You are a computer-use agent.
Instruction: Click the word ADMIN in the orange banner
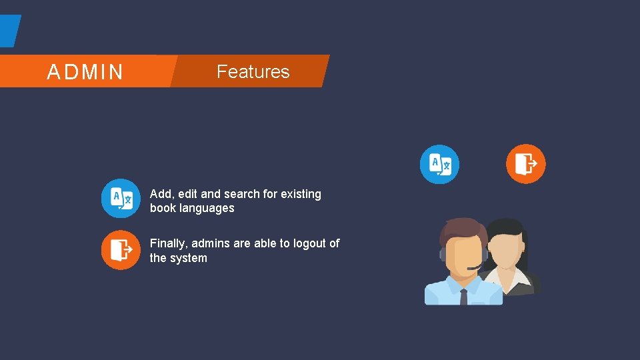tap(85, 72)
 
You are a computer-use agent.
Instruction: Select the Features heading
tap(253, 71)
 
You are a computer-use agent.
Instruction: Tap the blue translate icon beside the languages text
tap(121, 198)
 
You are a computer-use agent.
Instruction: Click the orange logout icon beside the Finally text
tap(121, 250)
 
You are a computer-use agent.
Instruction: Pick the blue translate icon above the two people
tap(439, 164)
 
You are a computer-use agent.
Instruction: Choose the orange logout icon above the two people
tap(525, 164)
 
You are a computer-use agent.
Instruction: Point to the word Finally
tap(168, 243)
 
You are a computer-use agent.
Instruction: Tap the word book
tap(161, 208)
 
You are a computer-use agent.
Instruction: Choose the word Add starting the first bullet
tap(161, 194)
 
